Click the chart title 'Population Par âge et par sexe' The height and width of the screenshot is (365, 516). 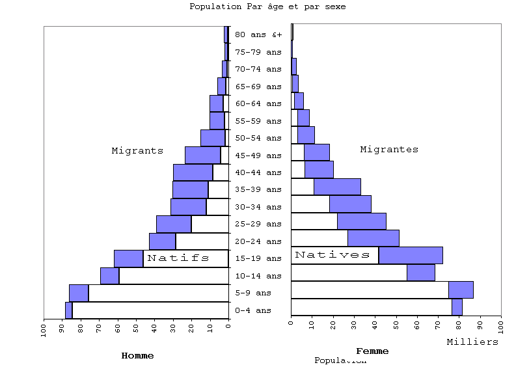pyautogui.click(x=267, y=7)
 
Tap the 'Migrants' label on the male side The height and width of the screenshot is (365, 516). pyautogui.click(x=137, y=151)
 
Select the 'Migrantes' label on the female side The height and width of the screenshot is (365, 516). pyautogui.click(x=389, y=150)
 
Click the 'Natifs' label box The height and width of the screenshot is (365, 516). pyautogui.click(x=178, y=258)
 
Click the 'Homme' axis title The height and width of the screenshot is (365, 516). pyautogui.click(x=138, y=356)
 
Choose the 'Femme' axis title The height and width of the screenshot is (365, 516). pyautogui.click(x=372, y=351)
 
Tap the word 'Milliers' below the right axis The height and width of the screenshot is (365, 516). pyautogui.click(x=472, y=342)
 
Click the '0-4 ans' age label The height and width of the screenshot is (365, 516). pyautogui.click(x=253, y=310)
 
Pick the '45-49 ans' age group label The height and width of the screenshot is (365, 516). pyautogui.click(x=258, y=155)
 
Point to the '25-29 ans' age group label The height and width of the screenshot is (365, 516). pyautogui.click(x=258, y=224)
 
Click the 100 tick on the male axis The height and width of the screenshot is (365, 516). pyautogui.click(x=44, y=329)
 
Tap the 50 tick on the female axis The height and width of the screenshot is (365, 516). pyautogui.click(x=396, y=324)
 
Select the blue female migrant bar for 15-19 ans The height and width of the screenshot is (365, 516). pyautogui.click(x=411, y=255)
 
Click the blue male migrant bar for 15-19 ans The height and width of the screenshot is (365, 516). pyautogui.click(x=128, y=258)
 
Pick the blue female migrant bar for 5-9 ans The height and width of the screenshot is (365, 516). pyautogui.click(x=461, y=290)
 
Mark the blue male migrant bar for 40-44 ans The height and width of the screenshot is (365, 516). pyautogui.click(x=193, y=172)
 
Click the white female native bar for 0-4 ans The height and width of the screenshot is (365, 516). pyautogui.click(x=371, y=306)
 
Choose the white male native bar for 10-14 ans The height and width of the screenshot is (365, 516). pyautogui.click(x=174, y=276)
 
